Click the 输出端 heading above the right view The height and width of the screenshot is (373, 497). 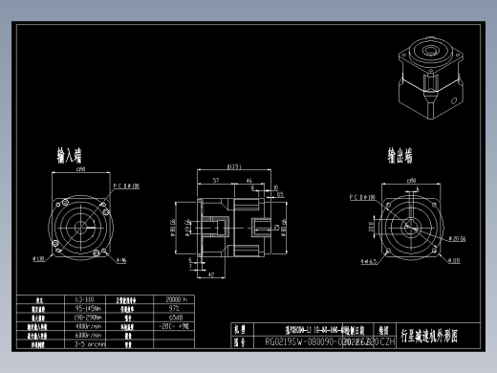(x=400, y=156)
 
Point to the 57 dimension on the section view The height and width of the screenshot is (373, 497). (x=216, y=180)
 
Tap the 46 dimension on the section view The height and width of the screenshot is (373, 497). (x=249, y=180)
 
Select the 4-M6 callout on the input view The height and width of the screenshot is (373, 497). (x=121, y=259)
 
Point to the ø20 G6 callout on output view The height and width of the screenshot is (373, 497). (x=453, y=238)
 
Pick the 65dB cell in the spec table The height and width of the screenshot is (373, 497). (x=175, y=318)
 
